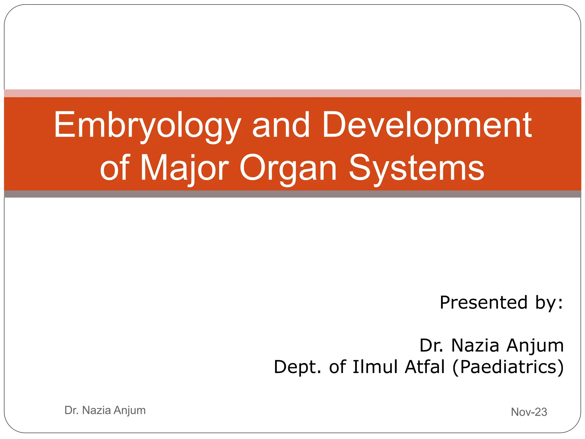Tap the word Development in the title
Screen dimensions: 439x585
coord(427,126)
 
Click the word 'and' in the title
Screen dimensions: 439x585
coord(281,126)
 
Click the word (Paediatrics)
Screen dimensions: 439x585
coord(508,367)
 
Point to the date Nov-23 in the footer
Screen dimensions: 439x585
coord(529,412)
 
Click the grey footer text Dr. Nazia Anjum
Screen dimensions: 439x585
coord(105,410)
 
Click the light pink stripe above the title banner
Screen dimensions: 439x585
coord(292,93)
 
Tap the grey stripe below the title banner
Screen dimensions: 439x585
coord(292,194)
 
